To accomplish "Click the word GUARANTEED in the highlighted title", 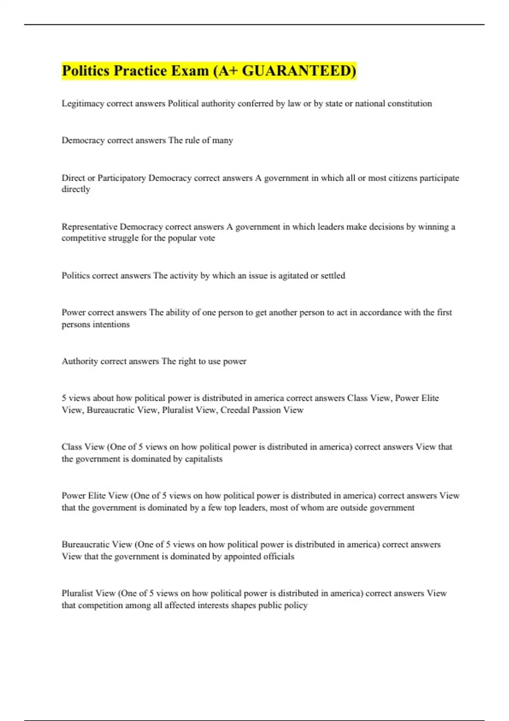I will [x=299, y=70].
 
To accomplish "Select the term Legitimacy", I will [x=83, y=103].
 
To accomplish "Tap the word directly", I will [x=76, y=189].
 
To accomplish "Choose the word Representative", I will [x=89, y=227].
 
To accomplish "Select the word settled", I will [x=333, y=276].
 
